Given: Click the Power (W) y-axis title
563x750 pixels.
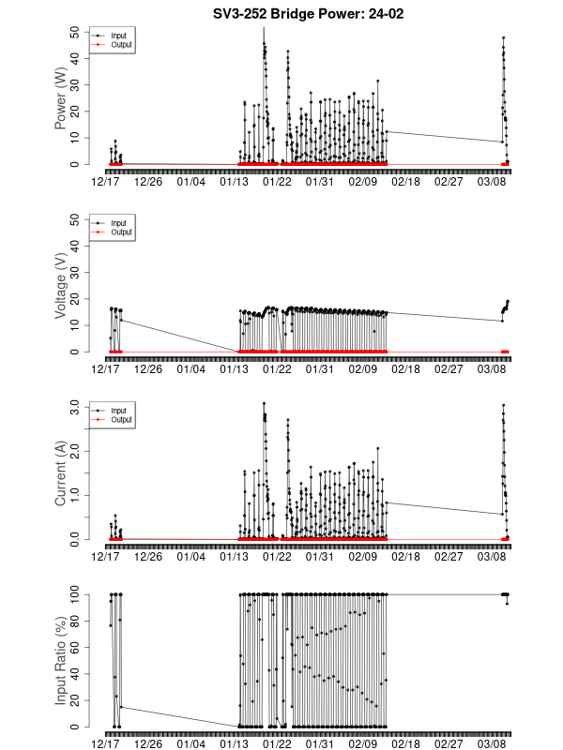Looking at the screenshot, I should point(61,98).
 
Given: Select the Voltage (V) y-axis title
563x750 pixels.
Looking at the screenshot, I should point(61,286).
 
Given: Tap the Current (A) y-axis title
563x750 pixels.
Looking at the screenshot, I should point(61,473).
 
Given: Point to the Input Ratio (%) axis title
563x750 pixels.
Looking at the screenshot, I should point(61,661).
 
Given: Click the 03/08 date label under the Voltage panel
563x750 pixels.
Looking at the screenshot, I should point(492,368).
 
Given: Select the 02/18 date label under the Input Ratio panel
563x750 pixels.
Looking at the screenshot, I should point(405,743).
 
